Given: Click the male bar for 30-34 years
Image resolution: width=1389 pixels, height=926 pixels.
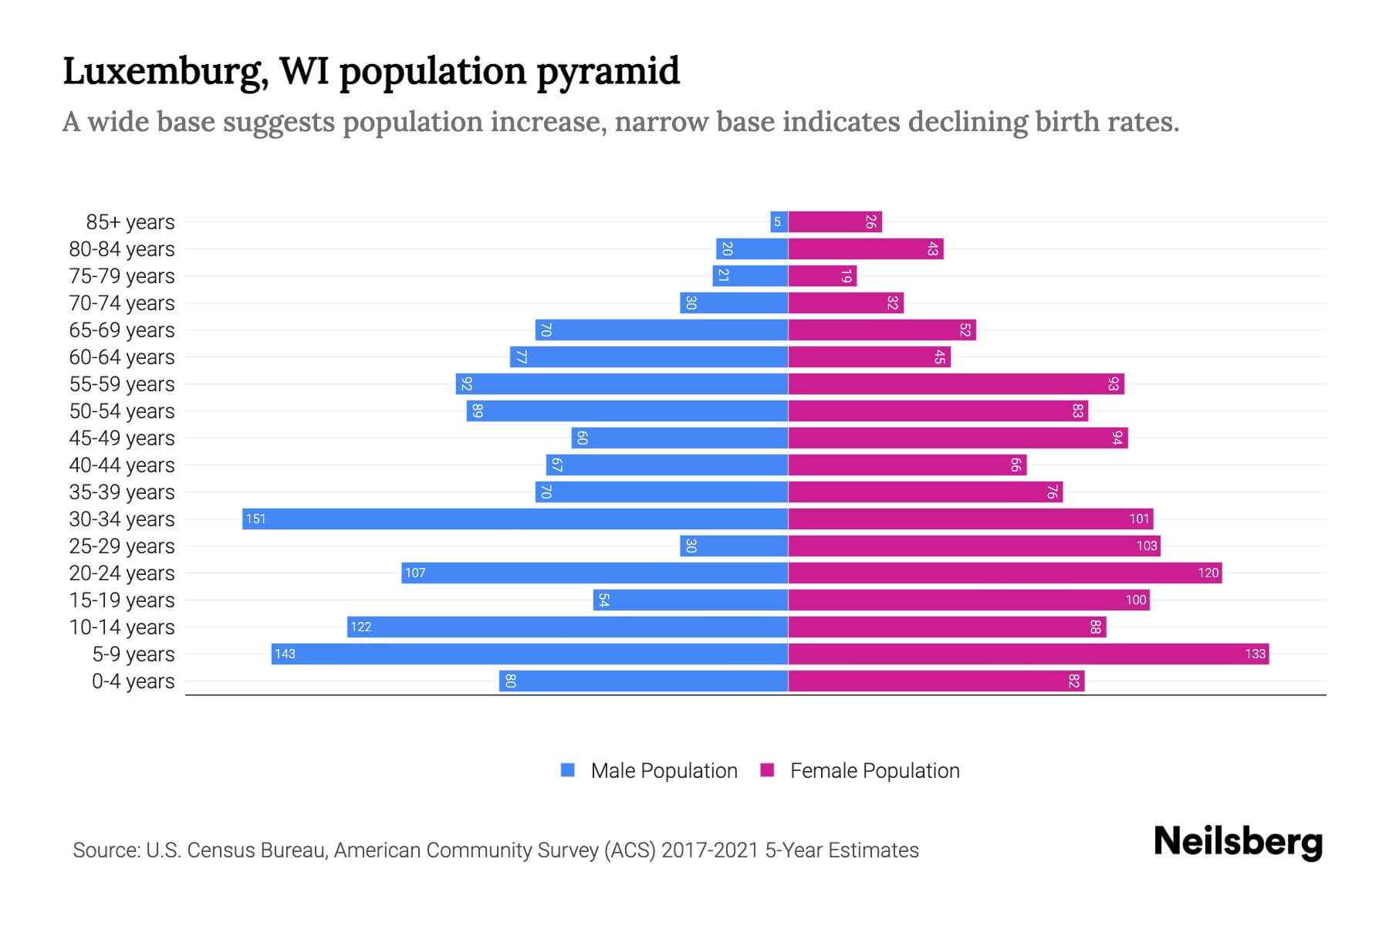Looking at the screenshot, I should click(x=515, y=519).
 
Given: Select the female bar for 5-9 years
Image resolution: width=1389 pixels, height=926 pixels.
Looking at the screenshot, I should click(x=1028, y=654).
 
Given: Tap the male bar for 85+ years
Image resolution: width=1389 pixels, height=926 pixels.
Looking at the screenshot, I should click(x=779, y=221).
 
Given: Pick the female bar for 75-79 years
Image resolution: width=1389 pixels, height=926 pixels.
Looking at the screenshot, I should click(x=822, y=275).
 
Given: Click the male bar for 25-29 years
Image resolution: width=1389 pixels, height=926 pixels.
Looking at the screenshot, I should click(x=733, y=546).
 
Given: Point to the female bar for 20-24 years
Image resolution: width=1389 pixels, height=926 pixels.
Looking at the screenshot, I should click(x=1004, y=573).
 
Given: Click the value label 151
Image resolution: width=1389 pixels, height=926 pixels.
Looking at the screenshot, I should click(x=256, y=519).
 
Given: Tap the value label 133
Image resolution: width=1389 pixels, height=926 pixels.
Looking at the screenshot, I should click(x=1255, y=654).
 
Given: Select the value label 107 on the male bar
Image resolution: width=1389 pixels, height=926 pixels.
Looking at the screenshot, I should click(x=415, y=573).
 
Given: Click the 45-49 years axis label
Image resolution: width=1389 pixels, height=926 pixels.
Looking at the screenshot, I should click(x=122, y=438).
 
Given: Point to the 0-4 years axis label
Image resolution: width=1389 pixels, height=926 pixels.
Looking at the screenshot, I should click(x=133, y=681).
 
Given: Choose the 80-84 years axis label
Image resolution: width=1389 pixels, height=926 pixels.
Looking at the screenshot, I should click(x=122, y=248).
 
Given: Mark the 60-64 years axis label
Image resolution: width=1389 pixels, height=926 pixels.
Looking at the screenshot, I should click(x=122, y=357).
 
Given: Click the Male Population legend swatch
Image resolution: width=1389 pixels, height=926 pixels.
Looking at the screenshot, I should click(x=568, y=770).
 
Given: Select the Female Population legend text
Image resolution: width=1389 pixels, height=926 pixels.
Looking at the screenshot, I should click(x=874, y=770).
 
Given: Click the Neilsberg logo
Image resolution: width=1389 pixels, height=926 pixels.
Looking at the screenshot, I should click(x=1238, y=841).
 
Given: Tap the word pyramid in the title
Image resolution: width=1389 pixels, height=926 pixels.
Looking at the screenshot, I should click(x=607, y=71).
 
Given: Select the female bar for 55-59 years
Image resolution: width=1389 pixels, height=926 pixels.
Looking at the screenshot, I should click(x=955, y=384).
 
